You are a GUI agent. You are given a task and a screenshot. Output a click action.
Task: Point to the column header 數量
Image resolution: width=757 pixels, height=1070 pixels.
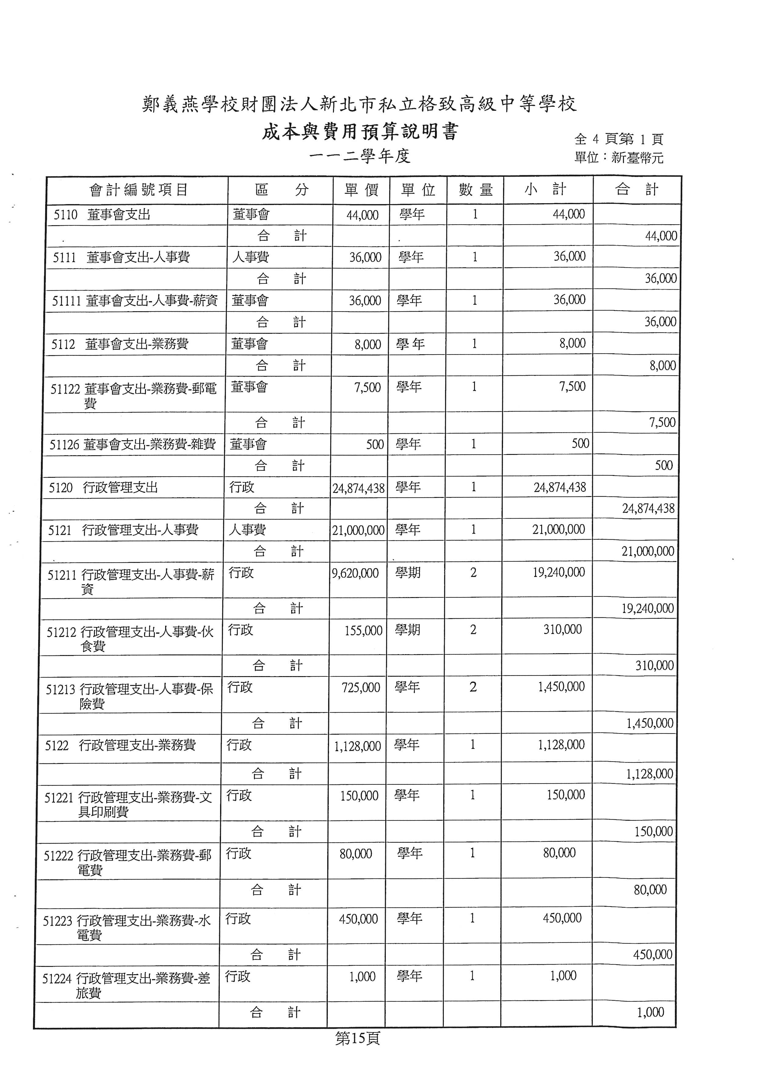pos(476,190)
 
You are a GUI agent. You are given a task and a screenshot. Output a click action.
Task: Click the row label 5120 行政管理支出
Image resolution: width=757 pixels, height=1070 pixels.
pos(103,488)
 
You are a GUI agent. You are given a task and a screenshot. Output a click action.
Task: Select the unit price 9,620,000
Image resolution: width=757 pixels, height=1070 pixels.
pos(355,573)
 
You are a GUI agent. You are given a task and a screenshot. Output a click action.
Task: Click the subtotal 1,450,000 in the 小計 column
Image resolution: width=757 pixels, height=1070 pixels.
pos(561,687)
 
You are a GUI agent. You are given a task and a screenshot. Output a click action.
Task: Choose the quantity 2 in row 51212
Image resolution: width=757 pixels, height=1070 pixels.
pos(473,630)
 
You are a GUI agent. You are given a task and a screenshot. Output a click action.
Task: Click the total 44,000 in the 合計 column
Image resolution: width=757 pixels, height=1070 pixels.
pos(661,236)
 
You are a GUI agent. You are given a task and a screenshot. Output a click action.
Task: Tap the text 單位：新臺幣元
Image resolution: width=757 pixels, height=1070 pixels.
pos(618,158)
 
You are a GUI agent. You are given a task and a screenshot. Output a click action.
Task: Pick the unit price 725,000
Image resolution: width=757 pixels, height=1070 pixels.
pos(361,688)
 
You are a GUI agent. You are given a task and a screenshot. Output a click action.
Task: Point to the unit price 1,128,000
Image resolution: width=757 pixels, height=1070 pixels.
pos(357,746)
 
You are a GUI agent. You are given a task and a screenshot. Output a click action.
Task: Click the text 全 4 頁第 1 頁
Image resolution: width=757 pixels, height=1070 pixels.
pos(618,139)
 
